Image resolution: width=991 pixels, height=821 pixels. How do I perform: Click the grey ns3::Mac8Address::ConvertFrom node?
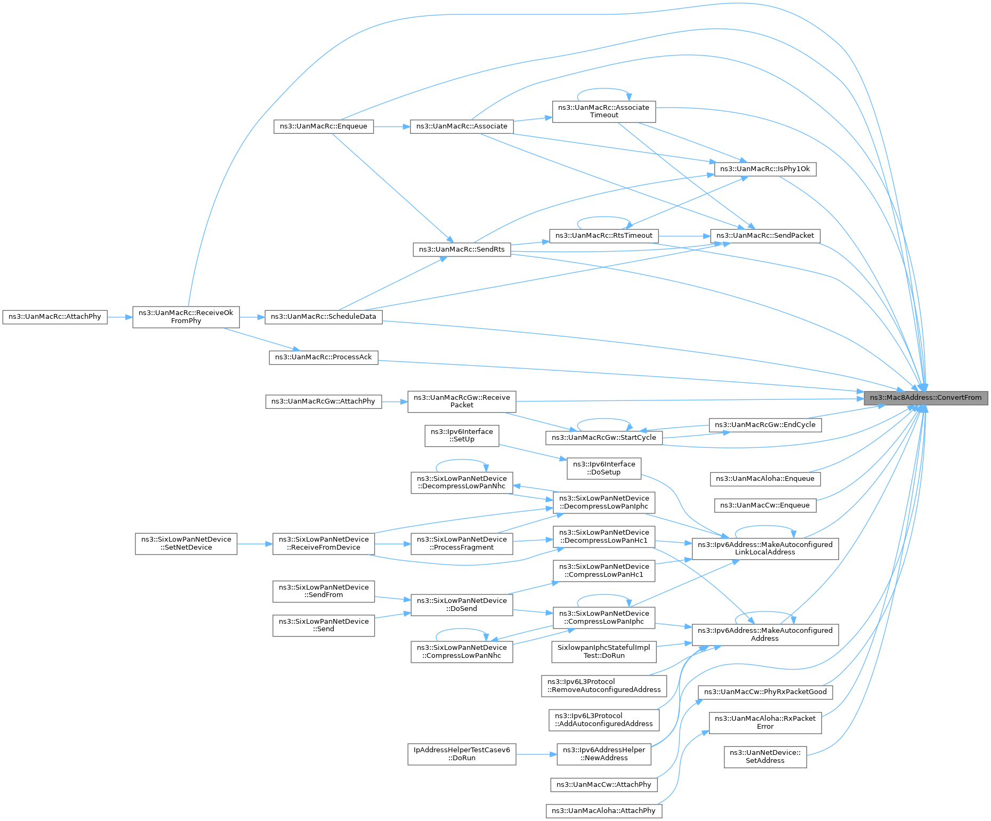[926, 398]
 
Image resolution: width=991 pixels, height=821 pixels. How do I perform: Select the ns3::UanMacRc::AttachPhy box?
[55, 317]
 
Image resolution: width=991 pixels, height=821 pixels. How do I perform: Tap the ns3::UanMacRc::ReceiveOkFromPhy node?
[186, 317]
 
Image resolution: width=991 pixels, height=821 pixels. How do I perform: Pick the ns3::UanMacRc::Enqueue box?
[324, 127]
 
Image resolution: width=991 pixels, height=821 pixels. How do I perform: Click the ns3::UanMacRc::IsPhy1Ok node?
[765, 169]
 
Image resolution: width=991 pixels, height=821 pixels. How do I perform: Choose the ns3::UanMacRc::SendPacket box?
[765, 236]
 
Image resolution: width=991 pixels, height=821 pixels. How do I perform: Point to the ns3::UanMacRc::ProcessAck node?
[324, 357]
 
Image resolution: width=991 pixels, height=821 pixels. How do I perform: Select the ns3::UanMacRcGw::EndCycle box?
[765, 425]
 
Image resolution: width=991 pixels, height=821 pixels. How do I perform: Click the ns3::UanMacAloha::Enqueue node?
[765, 479]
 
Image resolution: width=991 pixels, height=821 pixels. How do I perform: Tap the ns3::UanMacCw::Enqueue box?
[765, 505]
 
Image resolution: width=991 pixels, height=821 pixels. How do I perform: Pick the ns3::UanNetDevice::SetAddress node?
[765, 756]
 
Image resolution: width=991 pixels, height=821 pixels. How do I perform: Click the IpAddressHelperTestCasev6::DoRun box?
[462, 754]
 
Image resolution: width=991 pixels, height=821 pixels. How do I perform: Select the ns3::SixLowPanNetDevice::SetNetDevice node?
[186, 544]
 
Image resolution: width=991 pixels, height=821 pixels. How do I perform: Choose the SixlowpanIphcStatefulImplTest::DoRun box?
[604, 651]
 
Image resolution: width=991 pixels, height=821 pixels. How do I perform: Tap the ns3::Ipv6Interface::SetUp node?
[462, 436]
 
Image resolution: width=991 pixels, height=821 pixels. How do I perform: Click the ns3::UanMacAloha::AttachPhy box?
[604, 811]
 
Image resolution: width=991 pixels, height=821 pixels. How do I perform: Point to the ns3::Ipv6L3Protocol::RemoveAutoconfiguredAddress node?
[604, 686]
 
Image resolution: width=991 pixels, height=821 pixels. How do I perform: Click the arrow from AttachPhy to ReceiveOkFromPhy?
[120, 317]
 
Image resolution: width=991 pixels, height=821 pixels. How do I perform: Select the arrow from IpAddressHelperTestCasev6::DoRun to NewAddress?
[536, 754]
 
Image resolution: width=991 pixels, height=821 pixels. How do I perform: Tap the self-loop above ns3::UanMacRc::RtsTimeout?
[604, 218]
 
